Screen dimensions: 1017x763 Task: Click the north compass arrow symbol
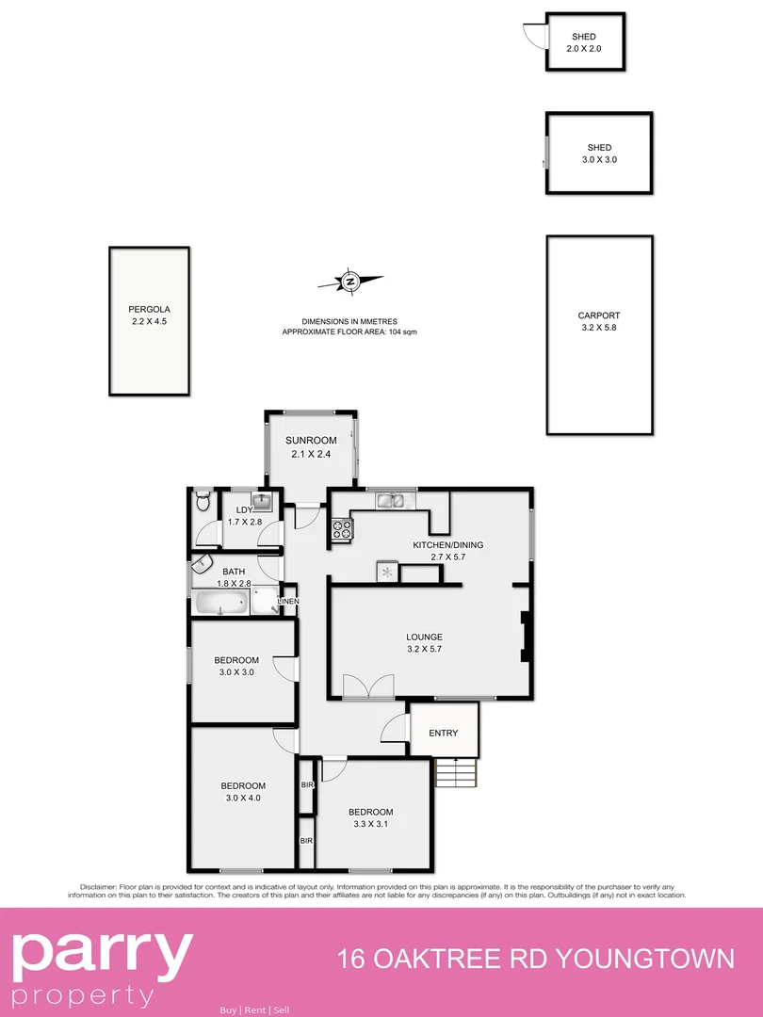click(350, 281)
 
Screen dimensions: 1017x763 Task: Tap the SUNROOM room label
click(311, 440)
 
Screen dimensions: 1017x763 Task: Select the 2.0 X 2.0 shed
click(584, 42)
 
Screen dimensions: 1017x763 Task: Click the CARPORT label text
click(599, 315)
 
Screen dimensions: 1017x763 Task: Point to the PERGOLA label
click(149, 309)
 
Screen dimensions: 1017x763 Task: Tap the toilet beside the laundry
click(202, 504)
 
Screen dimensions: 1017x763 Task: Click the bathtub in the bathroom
click(222, 603)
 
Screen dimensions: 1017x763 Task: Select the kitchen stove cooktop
click(342, 530)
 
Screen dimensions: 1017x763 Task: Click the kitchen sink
click(390, 501)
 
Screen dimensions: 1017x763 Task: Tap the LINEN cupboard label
click(287, 601)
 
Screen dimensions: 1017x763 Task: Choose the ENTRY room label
click(443, 734)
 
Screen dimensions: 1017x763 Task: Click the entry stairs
click(456, 775)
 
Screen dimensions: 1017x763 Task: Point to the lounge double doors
click(367, 688)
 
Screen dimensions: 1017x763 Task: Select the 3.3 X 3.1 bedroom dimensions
click(370, 824)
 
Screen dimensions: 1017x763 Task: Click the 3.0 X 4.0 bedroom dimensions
click(243, 798)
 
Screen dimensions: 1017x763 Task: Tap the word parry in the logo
click(102, 953)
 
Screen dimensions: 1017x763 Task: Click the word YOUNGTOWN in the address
click(648, 960)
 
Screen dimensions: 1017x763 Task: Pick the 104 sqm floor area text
click(403, 332)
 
